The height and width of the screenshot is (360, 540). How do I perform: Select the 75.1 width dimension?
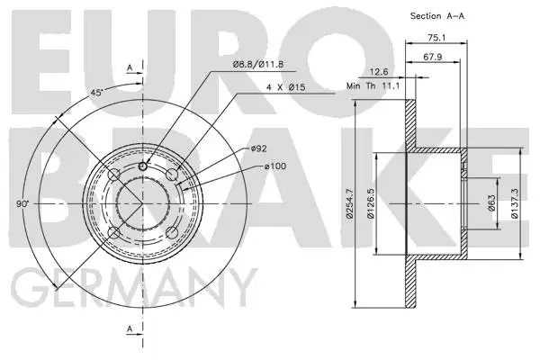point(437,38)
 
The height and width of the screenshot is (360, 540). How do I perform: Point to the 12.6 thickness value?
point(379,72)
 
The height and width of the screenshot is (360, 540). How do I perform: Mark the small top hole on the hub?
point(143,166)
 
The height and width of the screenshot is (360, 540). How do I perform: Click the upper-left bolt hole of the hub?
point(113,175)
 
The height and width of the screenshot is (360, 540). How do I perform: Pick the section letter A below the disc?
point(130,328)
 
